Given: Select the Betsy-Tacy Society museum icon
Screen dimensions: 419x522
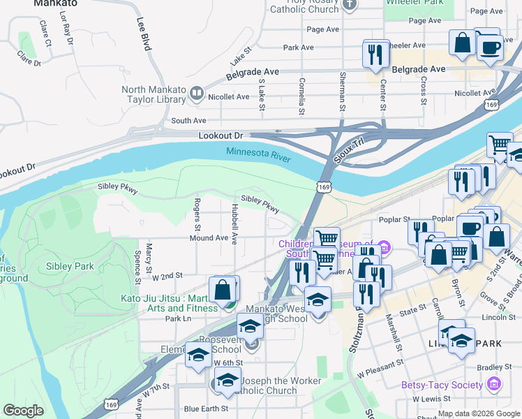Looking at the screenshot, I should click(x=494, y=384).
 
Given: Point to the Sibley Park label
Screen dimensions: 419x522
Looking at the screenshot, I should click(x=69, y=266).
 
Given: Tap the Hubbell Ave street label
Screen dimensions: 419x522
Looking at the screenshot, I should click(x=234, y=223).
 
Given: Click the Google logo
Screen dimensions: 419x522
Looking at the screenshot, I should click(x=24, y=411).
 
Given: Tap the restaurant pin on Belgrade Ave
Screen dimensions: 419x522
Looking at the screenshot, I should click(x=375, y=54).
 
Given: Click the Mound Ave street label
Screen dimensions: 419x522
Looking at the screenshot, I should click(x=209, y=238).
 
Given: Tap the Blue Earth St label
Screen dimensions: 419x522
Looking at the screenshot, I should click(x=204, y=409).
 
